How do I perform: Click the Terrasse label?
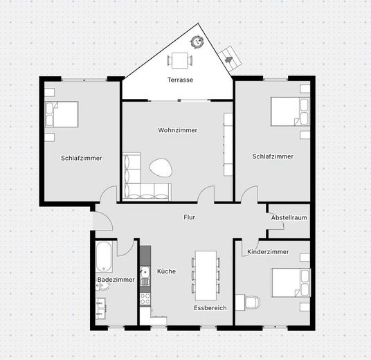(x=180, y=80)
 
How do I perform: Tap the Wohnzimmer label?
(x=178, y=130)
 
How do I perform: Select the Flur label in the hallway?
(x=189, y=217)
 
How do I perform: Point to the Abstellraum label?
(x=289, y=217)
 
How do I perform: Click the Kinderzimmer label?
(x=268, y=252)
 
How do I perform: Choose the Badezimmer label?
(x=116, y=280)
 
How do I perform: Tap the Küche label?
(x=166, y=271)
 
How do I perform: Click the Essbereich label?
(x=210, y=307)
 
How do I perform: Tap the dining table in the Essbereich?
(x=205, y=273)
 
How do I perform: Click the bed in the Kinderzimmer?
(x=287, y=283)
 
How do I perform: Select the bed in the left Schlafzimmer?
(x=62, y=114)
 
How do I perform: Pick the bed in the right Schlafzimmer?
(x=287, y=110)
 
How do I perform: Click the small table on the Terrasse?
(x=181, y=60)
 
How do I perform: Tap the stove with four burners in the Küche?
(x=145, y=298)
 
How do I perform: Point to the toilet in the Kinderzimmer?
(x=251, y=303)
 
